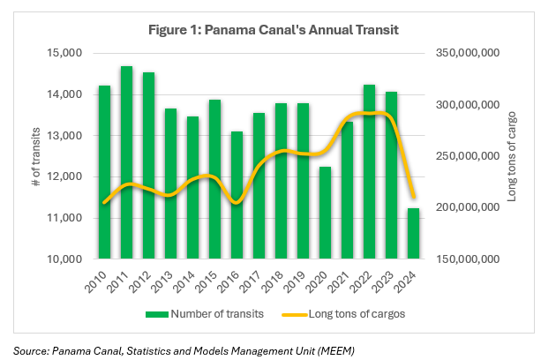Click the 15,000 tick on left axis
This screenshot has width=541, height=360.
[x=64, y=53]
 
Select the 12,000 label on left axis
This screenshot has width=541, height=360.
[x=64, y=176]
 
